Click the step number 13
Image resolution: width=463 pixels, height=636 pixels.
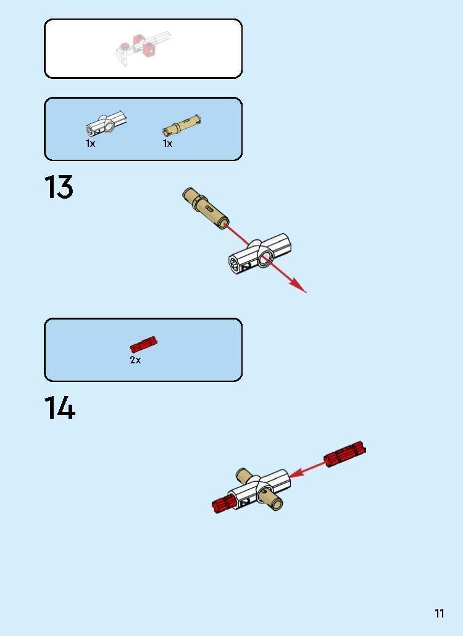coord(59,188)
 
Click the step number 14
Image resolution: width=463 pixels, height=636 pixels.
coord(59,408)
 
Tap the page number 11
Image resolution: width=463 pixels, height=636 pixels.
coord(439,613)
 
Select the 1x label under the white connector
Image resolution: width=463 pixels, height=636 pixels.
coord(90,143)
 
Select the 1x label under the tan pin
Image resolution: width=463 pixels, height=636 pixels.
coord(167,143)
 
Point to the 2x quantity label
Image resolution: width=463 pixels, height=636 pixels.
coord(135,360)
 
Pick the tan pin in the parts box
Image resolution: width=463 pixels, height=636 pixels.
coord(181,125)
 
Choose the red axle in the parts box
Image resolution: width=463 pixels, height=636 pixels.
coord(143,345)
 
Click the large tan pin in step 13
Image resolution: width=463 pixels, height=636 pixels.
coord(206,208)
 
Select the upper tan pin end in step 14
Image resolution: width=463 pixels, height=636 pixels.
coord(243,476)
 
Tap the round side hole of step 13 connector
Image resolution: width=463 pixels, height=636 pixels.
coord(266,258)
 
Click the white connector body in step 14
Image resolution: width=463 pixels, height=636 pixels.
coord(259,487)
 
